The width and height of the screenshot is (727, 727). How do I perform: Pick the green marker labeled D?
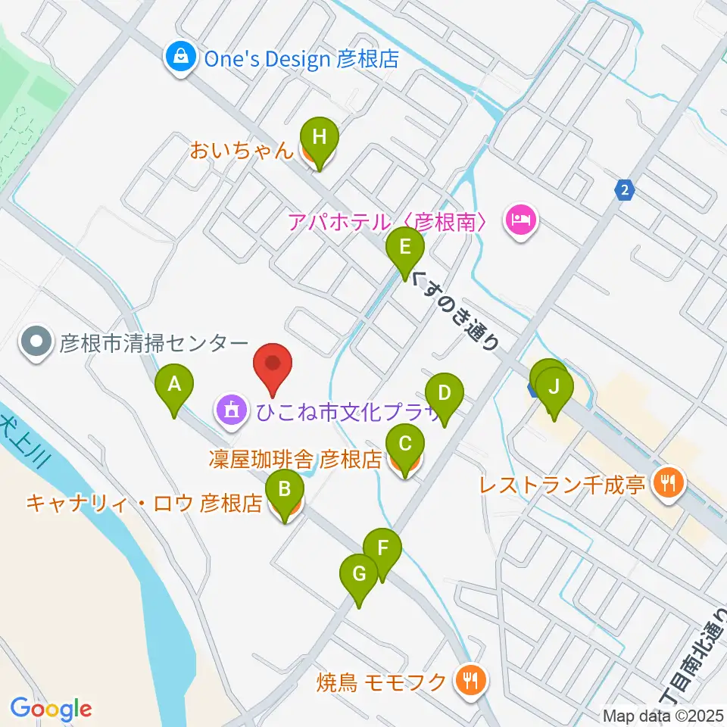coord(445,394)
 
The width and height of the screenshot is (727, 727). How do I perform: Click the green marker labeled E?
coord(405,248)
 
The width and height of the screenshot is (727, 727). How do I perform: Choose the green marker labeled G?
coord(359,575)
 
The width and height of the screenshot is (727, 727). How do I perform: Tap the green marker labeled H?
coord(320,139)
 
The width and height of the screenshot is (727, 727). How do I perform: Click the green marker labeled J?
coord(554,388)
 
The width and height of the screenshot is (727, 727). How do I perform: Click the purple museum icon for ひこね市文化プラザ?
coord(229,412)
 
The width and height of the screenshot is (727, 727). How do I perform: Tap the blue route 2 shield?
coord(623,189)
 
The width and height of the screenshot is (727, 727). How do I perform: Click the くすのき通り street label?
coord(457,311)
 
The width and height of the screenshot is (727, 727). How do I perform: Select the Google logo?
coord(51,710)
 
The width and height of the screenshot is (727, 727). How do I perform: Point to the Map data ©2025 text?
coord(661,714)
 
